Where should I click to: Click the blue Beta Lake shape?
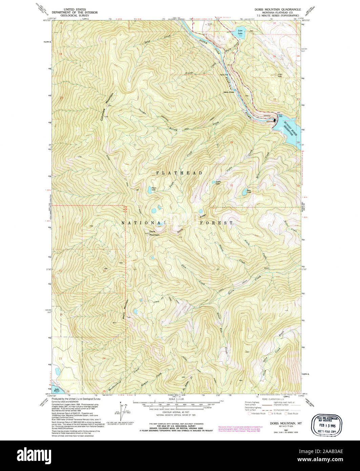coord(244,193)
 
